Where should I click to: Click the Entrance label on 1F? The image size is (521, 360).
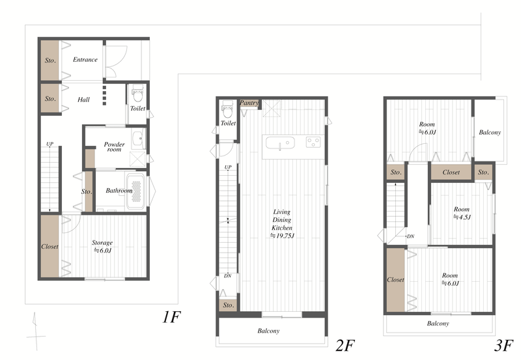coord(85,60)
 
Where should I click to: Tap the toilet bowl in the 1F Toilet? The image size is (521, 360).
coord(137,94)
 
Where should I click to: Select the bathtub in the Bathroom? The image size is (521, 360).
coord(136,191)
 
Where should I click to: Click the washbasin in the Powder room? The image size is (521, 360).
coord(138,140)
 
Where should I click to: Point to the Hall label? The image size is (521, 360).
coord(83,100)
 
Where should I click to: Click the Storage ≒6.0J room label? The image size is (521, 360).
coord(102,247)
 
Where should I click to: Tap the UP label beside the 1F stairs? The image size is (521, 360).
coord(50,144)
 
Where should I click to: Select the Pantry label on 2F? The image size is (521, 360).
coord(249,103)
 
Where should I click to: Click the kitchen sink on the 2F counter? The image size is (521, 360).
coord(280,143)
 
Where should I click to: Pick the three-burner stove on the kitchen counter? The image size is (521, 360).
coord(313,142)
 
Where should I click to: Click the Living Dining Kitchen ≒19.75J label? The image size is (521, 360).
coord(282,224)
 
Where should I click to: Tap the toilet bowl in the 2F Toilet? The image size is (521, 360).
coord(227,110)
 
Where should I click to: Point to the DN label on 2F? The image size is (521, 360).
coord(227,275)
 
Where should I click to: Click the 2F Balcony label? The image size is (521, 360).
coord(268,331)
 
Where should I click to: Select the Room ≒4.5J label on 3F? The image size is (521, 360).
coord(462,214)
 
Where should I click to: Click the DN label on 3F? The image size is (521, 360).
coord(410,236)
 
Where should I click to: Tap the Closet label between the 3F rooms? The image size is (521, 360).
coord(451,173)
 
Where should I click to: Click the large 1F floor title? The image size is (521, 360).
coord(171,317)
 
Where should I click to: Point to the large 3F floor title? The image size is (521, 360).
coord(503,346)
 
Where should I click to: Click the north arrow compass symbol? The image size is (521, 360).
coord(36,331)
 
